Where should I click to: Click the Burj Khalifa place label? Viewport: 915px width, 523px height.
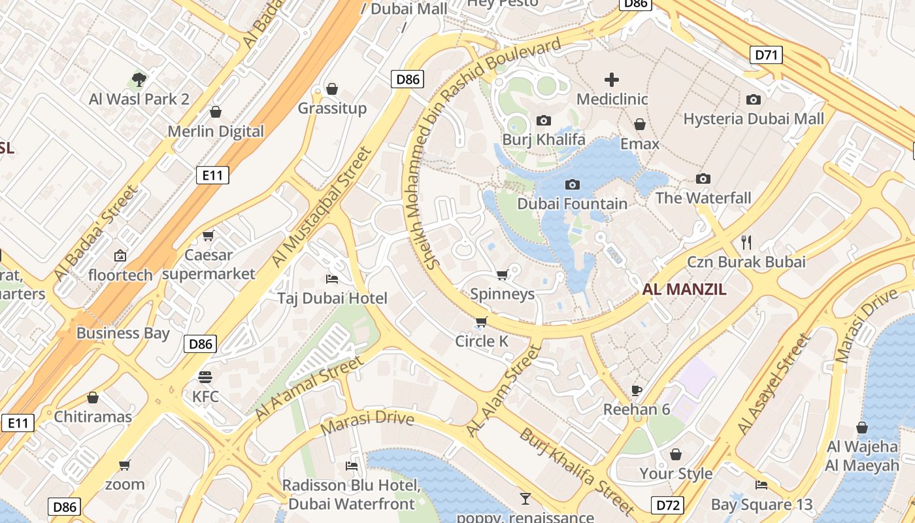click(x=543, y=140)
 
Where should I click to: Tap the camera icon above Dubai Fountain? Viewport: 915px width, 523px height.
click(x=572, y=185)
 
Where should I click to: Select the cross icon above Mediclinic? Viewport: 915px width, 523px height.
click(x=612, y=80)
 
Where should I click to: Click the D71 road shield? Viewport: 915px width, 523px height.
click(x=766, y=55)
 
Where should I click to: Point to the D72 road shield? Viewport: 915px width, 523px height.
click(x=667, y=505)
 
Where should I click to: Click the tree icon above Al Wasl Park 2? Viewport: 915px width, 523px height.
click(x=139, y=80)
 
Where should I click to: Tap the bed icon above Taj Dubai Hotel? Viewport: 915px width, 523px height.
click(x=332, y=279)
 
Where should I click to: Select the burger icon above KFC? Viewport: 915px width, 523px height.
click(x=205, y=377)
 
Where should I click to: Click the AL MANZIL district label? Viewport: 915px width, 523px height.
click(x=684, y=290)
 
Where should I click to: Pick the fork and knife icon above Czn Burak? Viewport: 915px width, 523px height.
click(x=746, y=243)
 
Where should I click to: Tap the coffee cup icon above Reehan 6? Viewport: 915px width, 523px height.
click(x=637, y=390)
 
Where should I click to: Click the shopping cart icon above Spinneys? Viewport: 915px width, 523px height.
click(x=502, y=275)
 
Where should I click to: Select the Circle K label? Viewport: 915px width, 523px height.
click(x=482, y=341)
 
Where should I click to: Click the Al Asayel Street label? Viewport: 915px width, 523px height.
click(x=774, y=384)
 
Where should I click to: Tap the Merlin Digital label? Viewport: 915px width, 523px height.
click(x=216, y=131)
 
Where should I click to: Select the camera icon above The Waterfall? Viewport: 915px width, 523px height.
click(x=703, y=178)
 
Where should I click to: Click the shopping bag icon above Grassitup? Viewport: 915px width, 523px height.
click(x=332, y=89)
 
